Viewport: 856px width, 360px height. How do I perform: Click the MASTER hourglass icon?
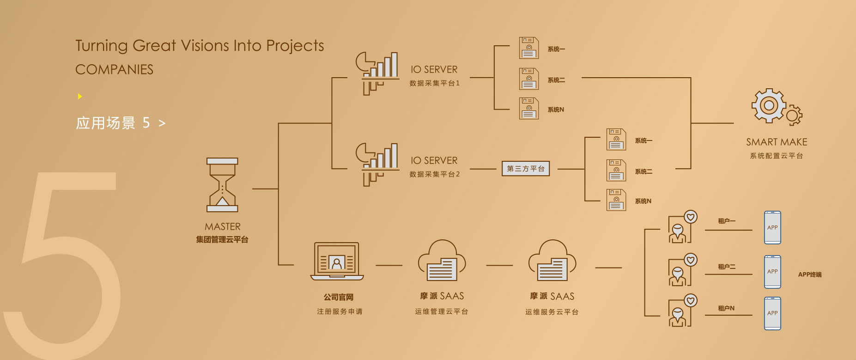click(x=222, y=185)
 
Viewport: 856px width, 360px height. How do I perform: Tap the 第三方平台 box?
click(x=526, y=169)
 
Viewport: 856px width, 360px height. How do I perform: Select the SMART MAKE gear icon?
click(x=776, y=107)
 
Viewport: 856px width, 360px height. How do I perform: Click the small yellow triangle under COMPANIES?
click(x=80, y=97)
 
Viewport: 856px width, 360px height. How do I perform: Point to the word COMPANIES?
click(x=114, y=70)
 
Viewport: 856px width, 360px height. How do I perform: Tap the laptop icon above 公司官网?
click(x=337, y=262)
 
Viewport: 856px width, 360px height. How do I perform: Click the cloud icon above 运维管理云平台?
click(x=442, y=261)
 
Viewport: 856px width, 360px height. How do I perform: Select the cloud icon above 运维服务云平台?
click(x=552, y=261)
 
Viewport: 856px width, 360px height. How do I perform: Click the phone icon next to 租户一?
click(x=772, y=227)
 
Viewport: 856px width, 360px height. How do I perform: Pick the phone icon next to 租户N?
click(x=772, y=313)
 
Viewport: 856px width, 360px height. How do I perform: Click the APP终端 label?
click(x=809, y=275)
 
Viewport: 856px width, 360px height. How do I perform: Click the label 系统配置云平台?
click(x=777, y=156)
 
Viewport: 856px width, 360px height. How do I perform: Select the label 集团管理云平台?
click(x=222, y=239)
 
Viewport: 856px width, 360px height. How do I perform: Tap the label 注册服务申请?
click(x=340, y=311)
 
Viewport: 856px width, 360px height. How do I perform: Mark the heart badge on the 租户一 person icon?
click(x=691, y=217)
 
